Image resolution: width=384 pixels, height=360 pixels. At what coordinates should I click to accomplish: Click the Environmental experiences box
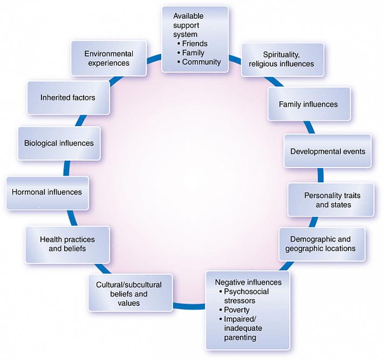pos(108,58)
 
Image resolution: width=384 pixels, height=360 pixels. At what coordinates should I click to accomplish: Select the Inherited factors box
pos(68,98)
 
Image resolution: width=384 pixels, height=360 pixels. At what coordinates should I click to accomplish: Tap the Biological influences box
pos(59,143)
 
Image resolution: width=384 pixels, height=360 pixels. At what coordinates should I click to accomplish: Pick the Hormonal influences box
pos(47,192)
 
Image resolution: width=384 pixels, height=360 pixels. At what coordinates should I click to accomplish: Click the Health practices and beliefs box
pos(67,244)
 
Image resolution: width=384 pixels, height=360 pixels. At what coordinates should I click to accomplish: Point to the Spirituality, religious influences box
pos(282,59)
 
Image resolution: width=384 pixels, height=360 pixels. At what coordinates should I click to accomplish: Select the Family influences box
pos(308,104)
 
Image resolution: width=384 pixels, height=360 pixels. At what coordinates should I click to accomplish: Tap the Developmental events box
pos(327,151)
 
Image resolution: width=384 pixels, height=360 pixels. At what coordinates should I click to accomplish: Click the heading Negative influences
pos(248,282)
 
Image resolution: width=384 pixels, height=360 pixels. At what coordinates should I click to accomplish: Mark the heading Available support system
pos(188,25)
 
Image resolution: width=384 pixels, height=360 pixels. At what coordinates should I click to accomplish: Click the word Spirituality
pos(281,54)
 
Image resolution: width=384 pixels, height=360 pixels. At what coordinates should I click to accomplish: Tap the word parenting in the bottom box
pos(240,337)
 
